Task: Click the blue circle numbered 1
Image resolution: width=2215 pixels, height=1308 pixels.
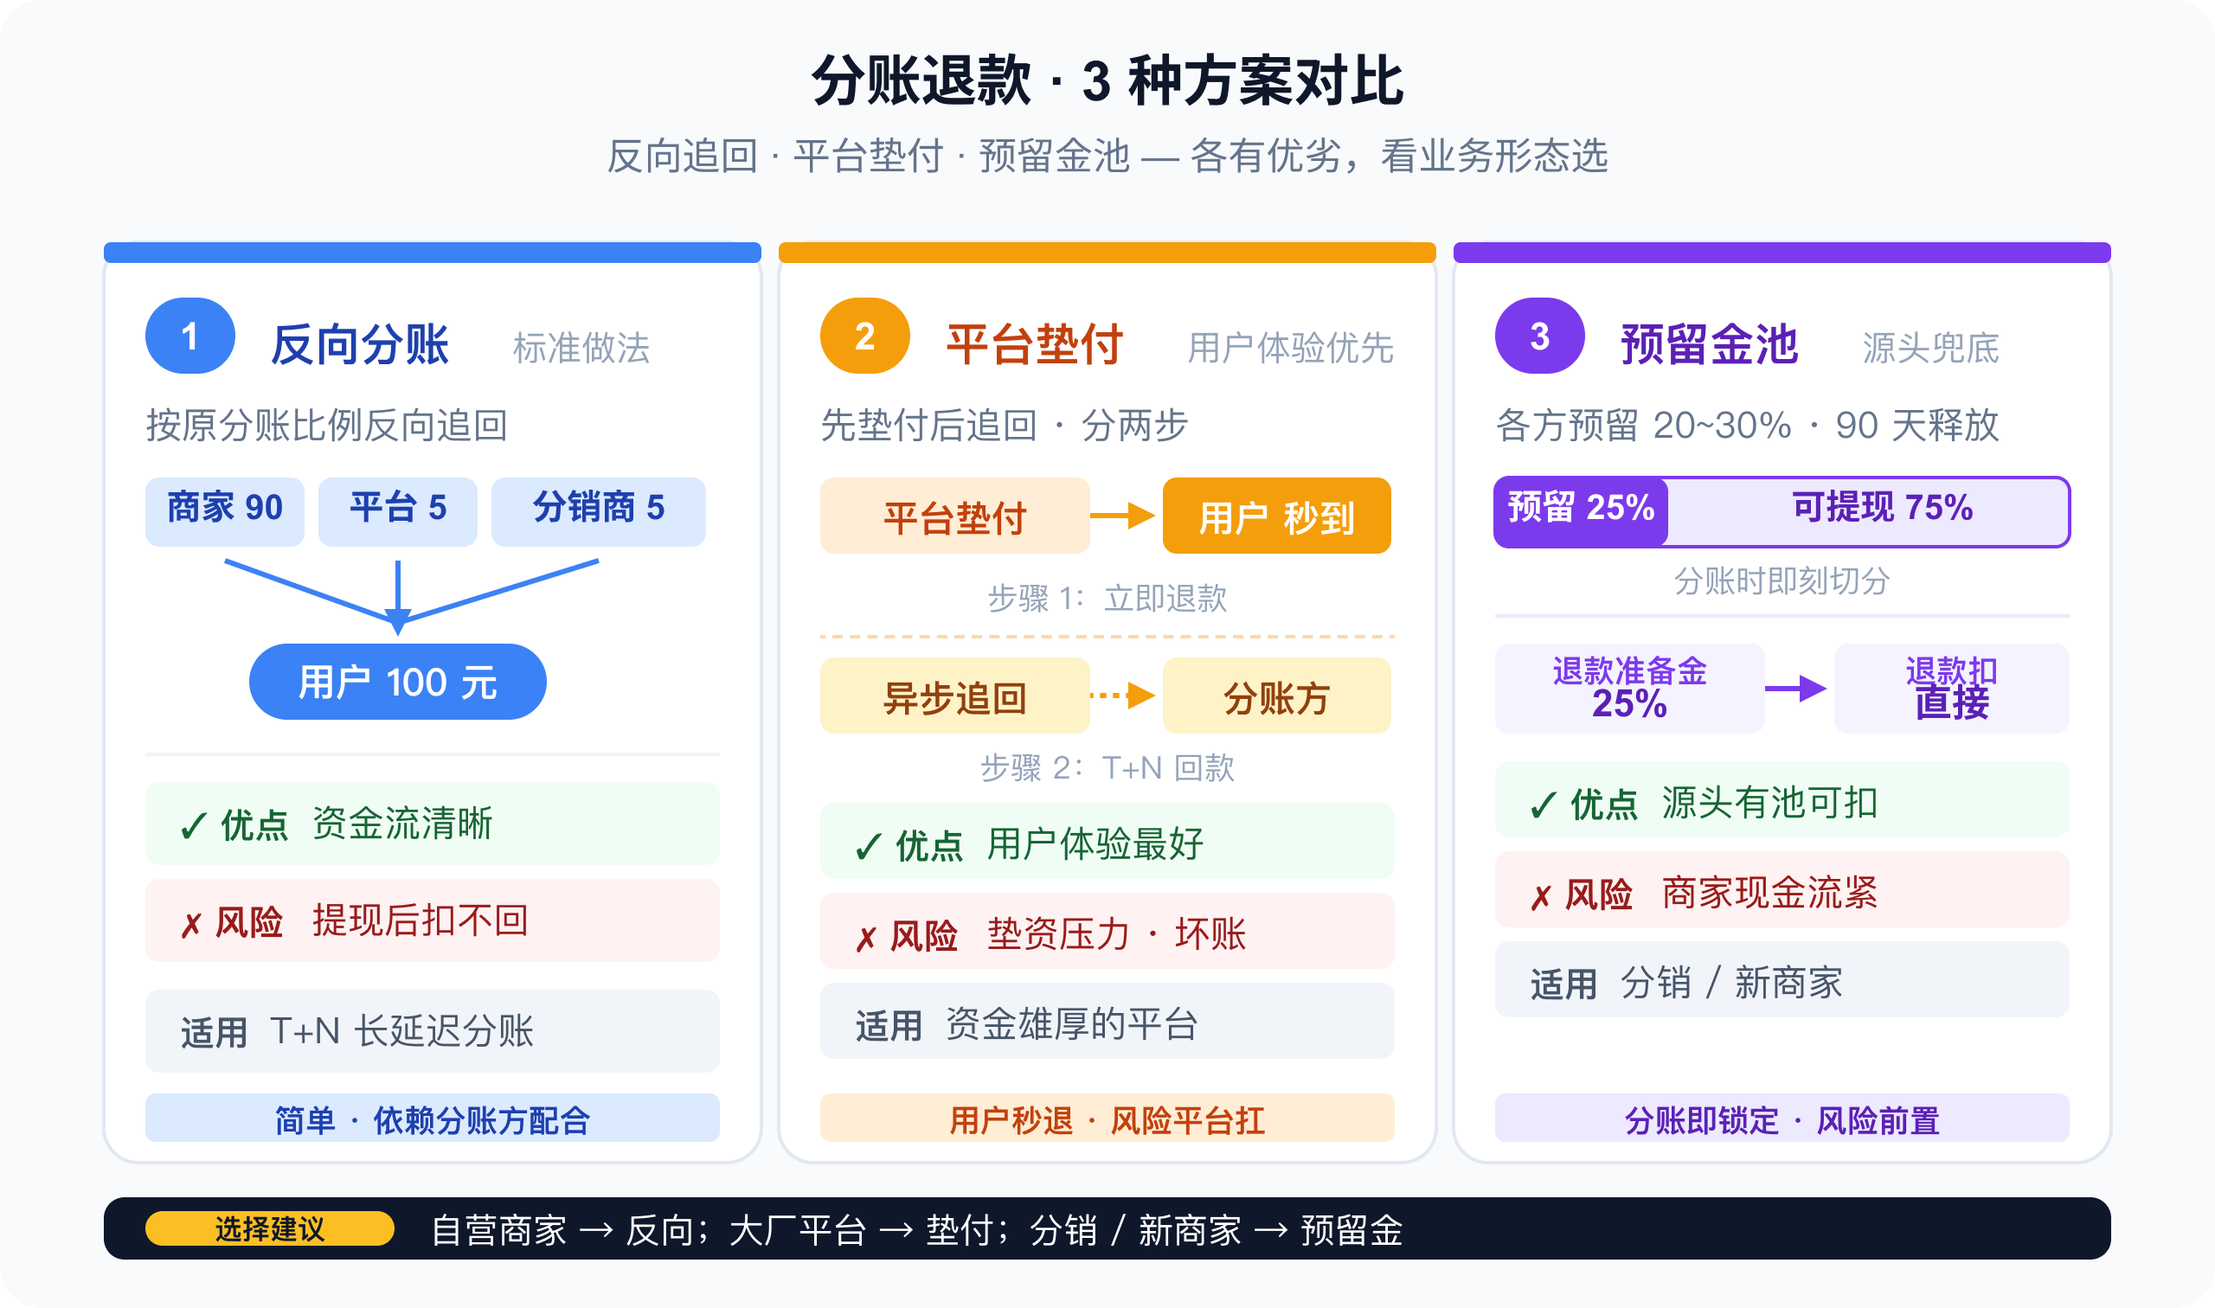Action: click(189, 336)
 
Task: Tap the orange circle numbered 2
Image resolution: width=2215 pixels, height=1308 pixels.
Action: click(864, 336)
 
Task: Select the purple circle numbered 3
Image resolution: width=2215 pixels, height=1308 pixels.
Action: click(1540, 336)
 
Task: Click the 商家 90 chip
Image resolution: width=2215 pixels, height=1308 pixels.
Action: click(225, 511)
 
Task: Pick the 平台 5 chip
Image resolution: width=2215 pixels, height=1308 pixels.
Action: click(397, 511)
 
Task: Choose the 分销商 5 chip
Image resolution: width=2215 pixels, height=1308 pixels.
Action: click(599, 511)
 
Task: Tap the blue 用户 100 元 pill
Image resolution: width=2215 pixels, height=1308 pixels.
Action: click(397, 682)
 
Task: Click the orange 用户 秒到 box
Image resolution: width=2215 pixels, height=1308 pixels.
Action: click(1277, 516)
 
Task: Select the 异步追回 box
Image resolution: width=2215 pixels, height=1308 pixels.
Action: click(955, 696)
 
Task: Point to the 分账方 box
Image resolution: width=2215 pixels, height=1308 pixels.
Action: click(1277, 696)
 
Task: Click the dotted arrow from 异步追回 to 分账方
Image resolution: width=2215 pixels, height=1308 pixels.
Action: click(1123, 696)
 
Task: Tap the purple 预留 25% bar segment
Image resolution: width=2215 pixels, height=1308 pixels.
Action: click(1581, 512)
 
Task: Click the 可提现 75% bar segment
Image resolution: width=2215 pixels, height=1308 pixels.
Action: click(1869, 512)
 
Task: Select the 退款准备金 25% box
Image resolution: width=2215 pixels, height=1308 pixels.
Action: click(1630, 689)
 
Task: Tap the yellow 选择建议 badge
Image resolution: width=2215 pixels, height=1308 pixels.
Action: click(270, 1228)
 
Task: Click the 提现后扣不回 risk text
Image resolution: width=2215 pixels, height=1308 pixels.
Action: click(421, 921)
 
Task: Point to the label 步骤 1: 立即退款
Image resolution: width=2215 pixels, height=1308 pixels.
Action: click(1107, 599)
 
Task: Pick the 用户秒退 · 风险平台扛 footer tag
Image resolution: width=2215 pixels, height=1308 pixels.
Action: click(1107, 1120)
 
